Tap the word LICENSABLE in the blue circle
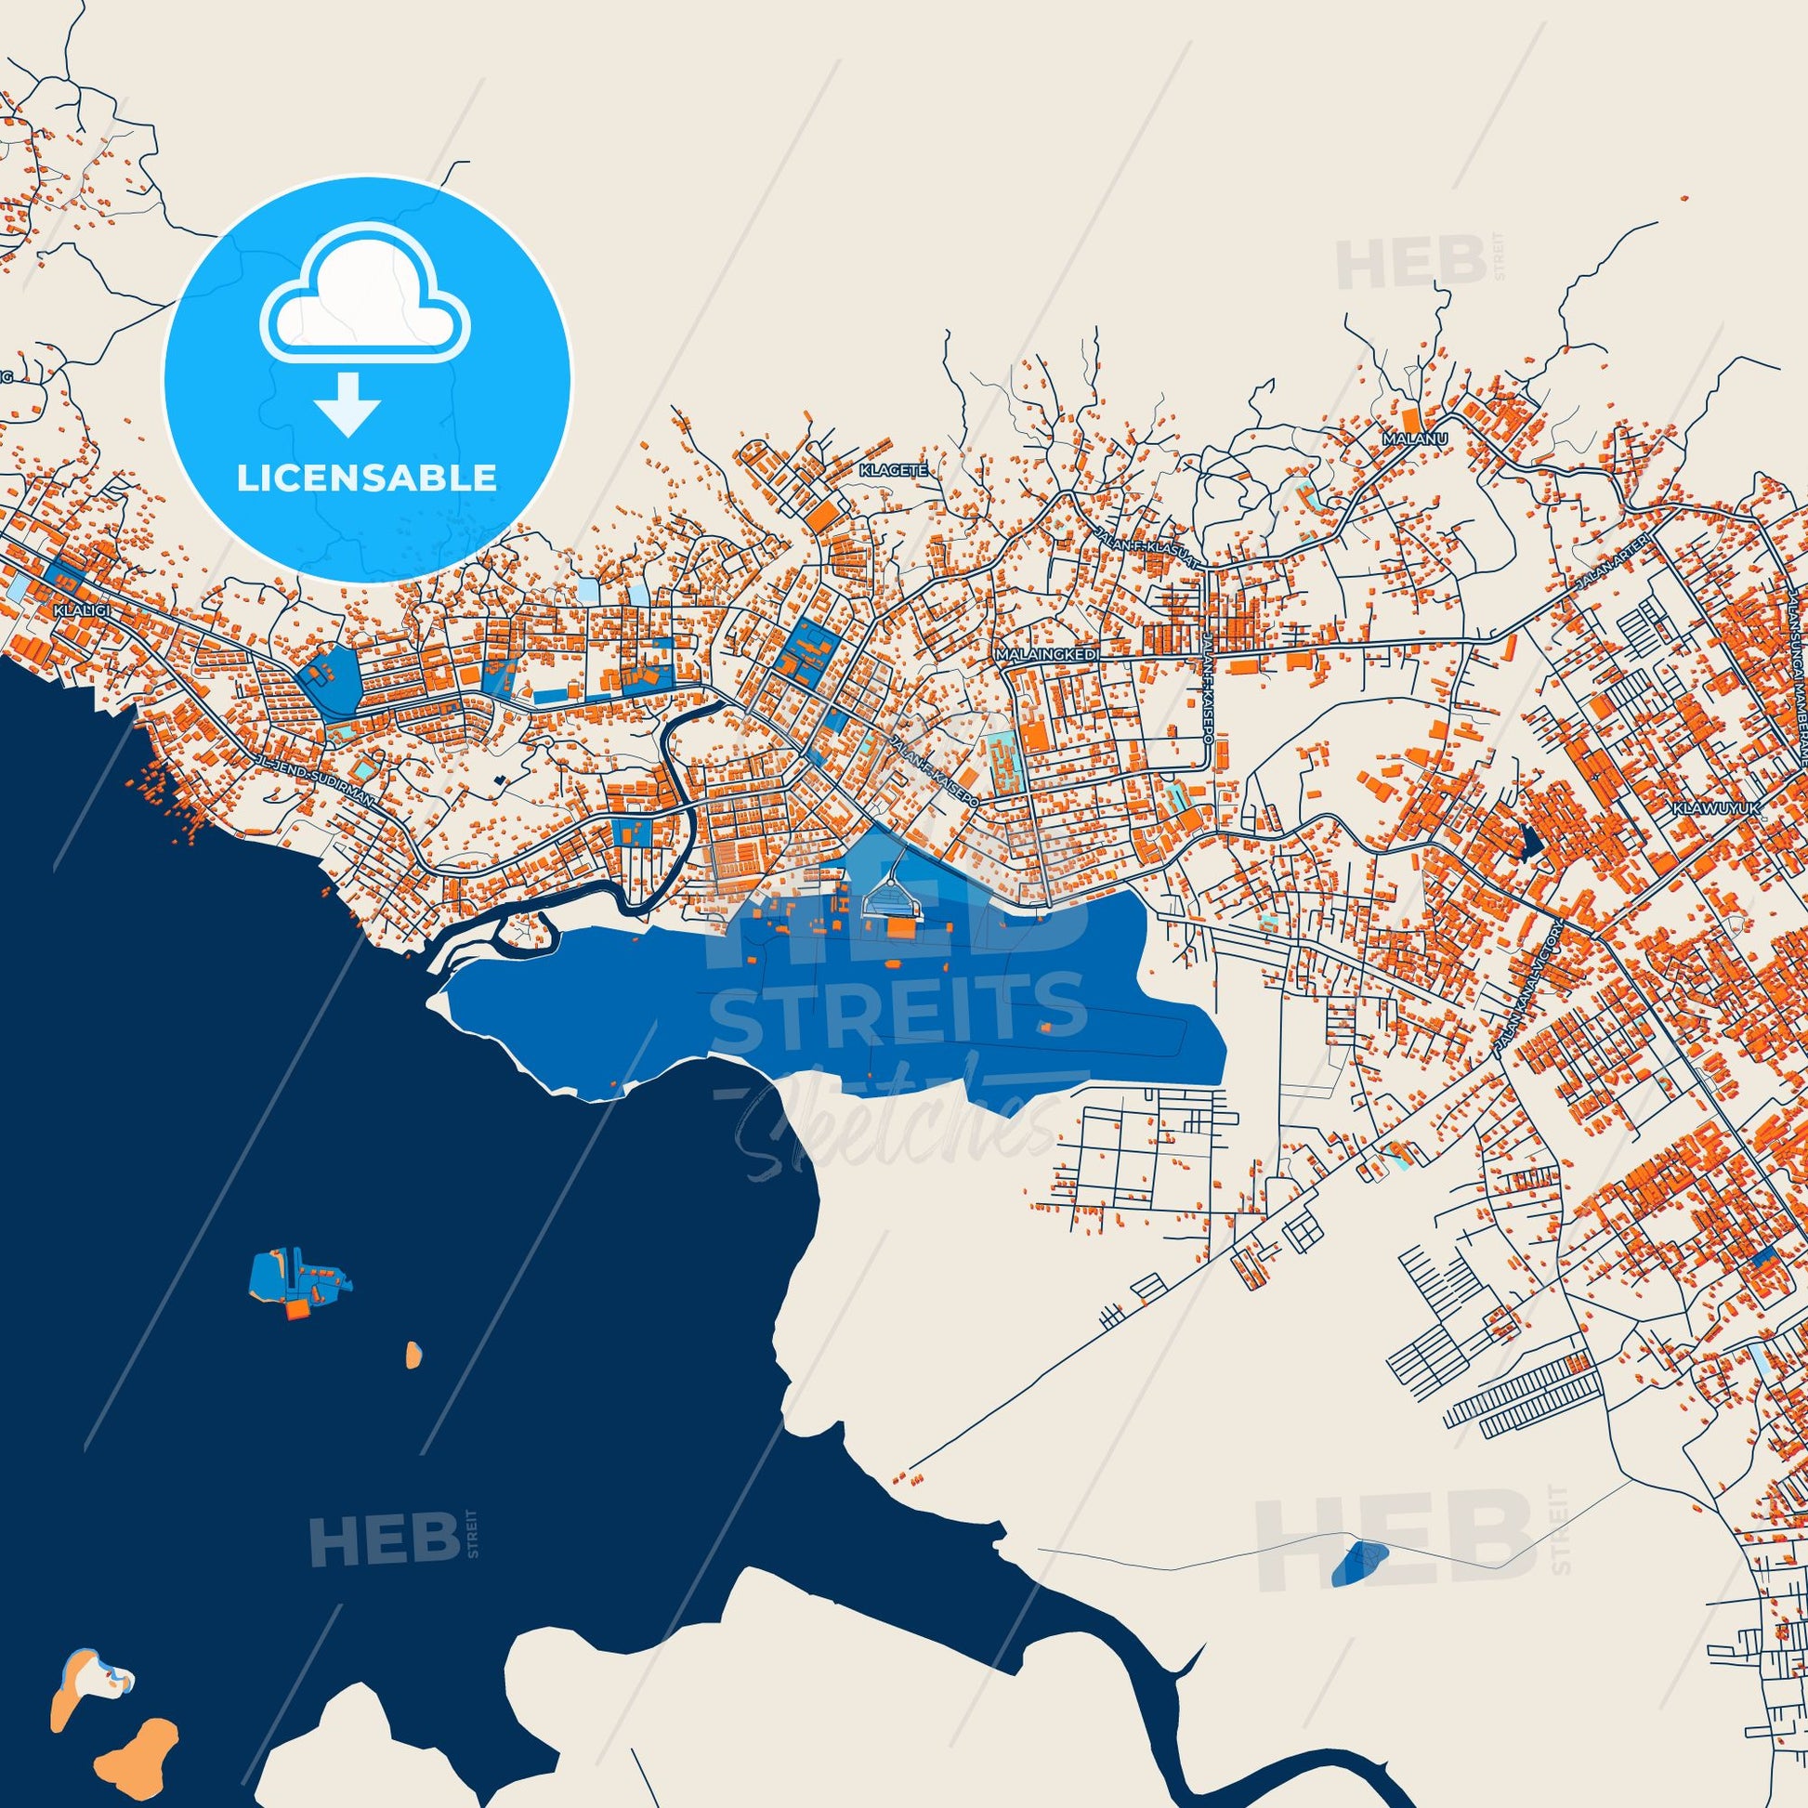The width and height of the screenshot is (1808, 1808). coord(367,478)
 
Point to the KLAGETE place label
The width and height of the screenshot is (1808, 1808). coord(895,471)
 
